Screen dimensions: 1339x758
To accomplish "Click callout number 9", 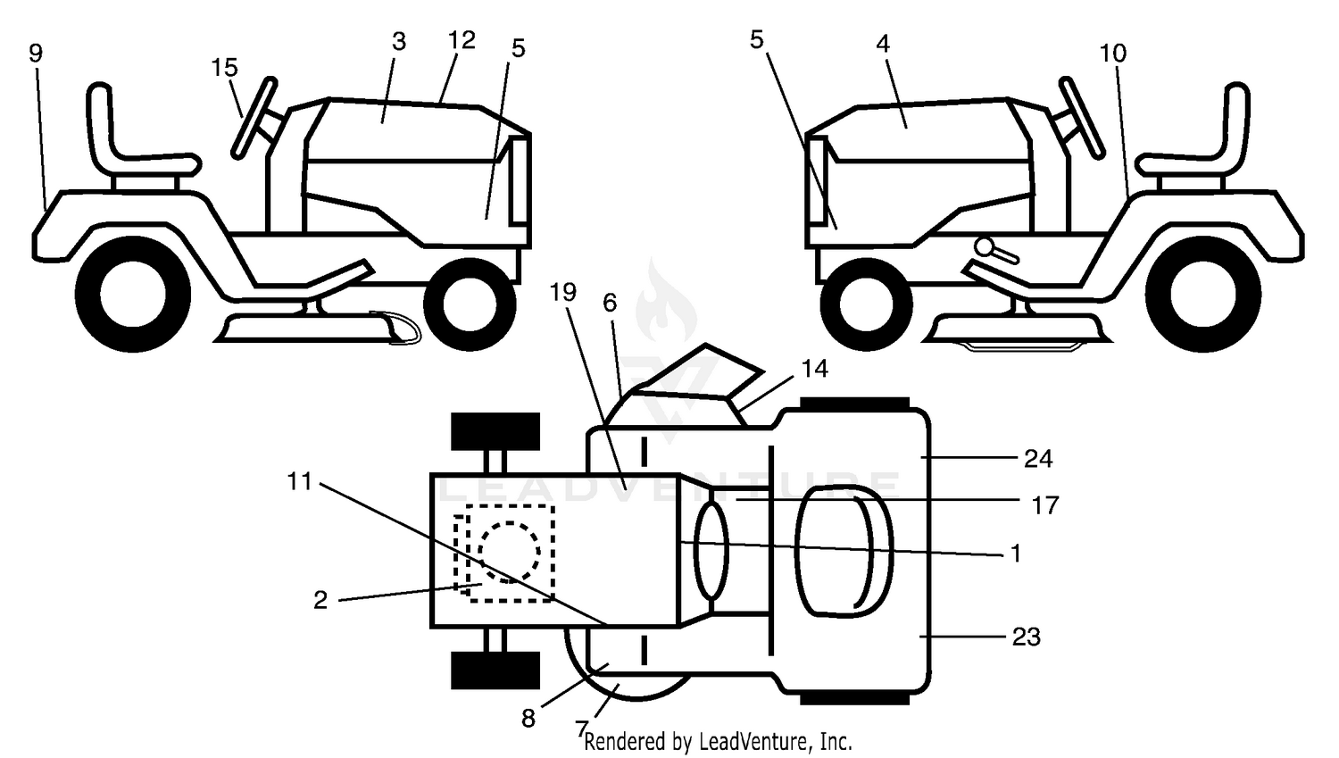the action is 36,54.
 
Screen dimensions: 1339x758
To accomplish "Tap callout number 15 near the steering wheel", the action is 225,68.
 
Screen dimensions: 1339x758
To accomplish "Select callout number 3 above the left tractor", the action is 399,42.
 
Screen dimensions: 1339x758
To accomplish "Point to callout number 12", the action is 462,40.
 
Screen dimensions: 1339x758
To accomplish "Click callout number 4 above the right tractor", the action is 883,44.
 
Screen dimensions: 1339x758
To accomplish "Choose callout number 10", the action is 1113,54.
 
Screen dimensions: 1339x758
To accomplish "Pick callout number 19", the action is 563,292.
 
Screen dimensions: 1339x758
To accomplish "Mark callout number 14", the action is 815,369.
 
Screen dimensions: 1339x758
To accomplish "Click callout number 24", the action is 1038,459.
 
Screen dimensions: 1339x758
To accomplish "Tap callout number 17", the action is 1046,505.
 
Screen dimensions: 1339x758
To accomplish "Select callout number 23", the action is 1027,637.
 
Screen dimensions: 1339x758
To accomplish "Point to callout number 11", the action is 299,481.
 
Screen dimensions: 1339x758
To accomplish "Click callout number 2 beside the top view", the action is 320,600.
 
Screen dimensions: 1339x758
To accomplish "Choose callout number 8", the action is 528,719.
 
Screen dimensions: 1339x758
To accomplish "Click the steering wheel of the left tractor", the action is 254,119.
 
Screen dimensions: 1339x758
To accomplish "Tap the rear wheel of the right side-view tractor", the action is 1202,294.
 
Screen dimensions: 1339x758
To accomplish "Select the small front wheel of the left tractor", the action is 470,304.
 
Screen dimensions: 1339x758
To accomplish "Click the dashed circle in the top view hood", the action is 510,552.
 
